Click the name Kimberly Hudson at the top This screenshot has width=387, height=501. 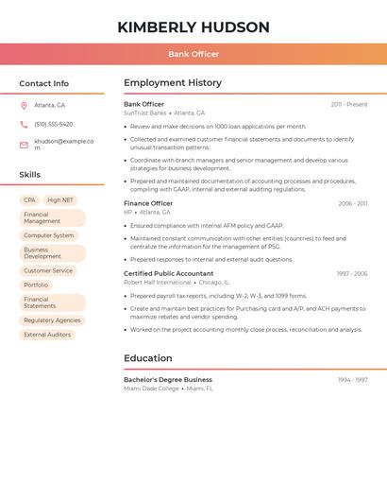(193, 27)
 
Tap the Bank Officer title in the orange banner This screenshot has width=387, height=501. (193, 54)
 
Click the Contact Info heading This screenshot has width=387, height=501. (43, 83)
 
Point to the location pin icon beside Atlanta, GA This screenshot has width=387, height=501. (24, 106)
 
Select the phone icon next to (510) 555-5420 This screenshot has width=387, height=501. (24, 125)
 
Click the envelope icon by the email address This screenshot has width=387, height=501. (24, 145)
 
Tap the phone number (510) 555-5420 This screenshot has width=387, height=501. (54, 125)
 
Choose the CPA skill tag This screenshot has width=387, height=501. (29, 200)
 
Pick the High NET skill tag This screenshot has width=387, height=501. (60, 200)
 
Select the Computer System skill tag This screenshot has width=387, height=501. (49, 235)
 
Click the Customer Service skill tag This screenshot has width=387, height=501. (48, 271)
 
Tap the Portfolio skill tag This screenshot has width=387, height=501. (36, 285)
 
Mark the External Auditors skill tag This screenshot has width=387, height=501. (47, 335)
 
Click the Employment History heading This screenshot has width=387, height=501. (173, 83)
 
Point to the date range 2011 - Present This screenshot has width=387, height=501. (348, 105)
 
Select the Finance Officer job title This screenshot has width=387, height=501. (148, 203)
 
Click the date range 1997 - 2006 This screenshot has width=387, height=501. (352, 274)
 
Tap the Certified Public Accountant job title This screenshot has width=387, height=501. (168, 274)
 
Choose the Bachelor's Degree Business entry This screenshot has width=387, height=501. (168, 380)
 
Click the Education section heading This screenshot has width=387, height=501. (148, 358)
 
